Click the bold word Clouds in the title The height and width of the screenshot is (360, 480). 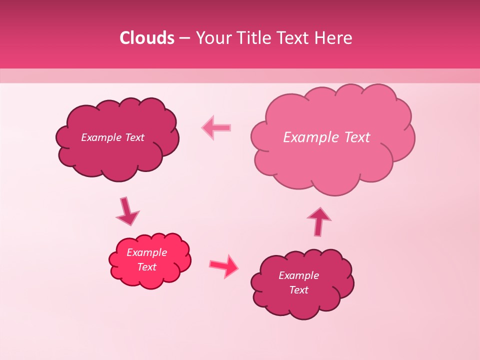pyautogui.click(x=147, y=38)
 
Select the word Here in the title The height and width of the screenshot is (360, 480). pyautogui.click(x=333, y=38)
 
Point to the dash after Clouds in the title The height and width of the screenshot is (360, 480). pyautogui.click(x=184, y=38)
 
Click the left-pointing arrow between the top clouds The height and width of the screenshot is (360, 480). pyautogui.click(x=216, y=127)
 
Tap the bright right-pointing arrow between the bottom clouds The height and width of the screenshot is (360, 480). pyautogui.click(x=224, y=266)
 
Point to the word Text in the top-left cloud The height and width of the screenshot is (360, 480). pyautogui.click(x=134, y=137)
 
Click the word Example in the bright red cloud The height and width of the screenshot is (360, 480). pyautogui.click(x=146, y=252)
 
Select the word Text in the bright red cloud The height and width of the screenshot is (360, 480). pyautogui.click(x=147, y=267)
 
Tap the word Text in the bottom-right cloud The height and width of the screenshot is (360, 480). pyautogui.click(x=298, y=290)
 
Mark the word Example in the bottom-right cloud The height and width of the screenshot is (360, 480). pyautogui.click(x=298, y=275)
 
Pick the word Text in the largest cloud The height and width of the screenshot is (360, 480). pyautogui.click(x=357, y=137)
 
